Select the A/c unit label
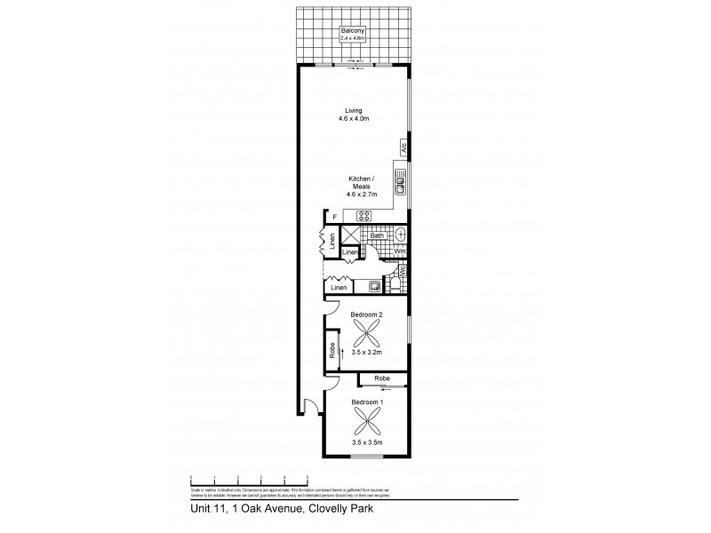403,148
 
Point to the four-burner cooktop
364,215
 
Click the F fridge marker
334,217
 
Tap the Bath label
377,235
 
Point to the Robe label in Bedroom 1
382,378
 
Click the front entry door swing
310,407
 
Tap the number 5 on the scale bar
307,477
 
